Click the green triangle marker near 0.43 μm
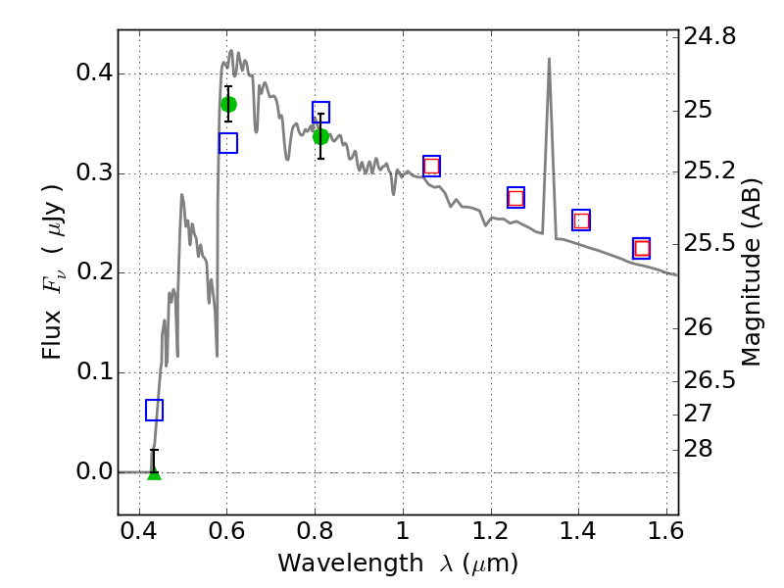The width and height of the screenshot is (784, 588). tap(154, 473)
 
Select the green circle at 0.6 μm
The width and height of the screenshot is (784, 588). tap(228, 104)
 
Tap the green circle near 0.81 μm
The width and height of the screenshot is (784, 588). tap(320, 136)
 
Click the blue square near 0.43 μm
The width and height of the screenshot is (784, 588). tap(154, 410)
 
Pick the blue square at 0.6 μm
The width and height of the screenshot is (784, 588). tap(228, 143)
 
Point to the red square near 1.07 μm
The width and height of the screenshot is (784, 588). tap(431, 166)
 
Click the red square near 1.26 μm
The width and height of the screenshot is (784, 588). tap(515, 198)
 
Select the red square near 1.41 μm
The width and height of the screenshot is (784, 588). tap(581, 220)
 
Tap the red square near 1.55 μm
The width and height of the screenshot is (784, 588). tap(642, 248)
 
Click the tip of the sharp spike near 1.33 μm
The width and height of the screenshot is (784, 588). tap(549, 59)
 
